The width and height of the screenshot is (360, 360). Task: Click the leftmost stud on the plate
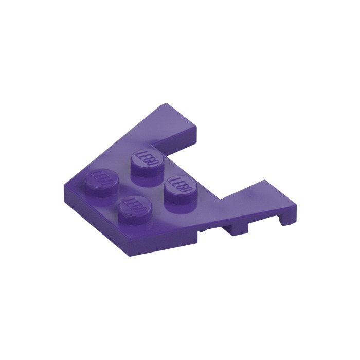pos(100,181)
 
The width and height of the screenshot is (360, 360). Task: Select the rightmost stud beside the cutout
pos(178,191)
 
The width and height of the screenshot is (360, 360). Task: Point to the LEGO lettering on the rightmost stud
pos(179,186)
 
